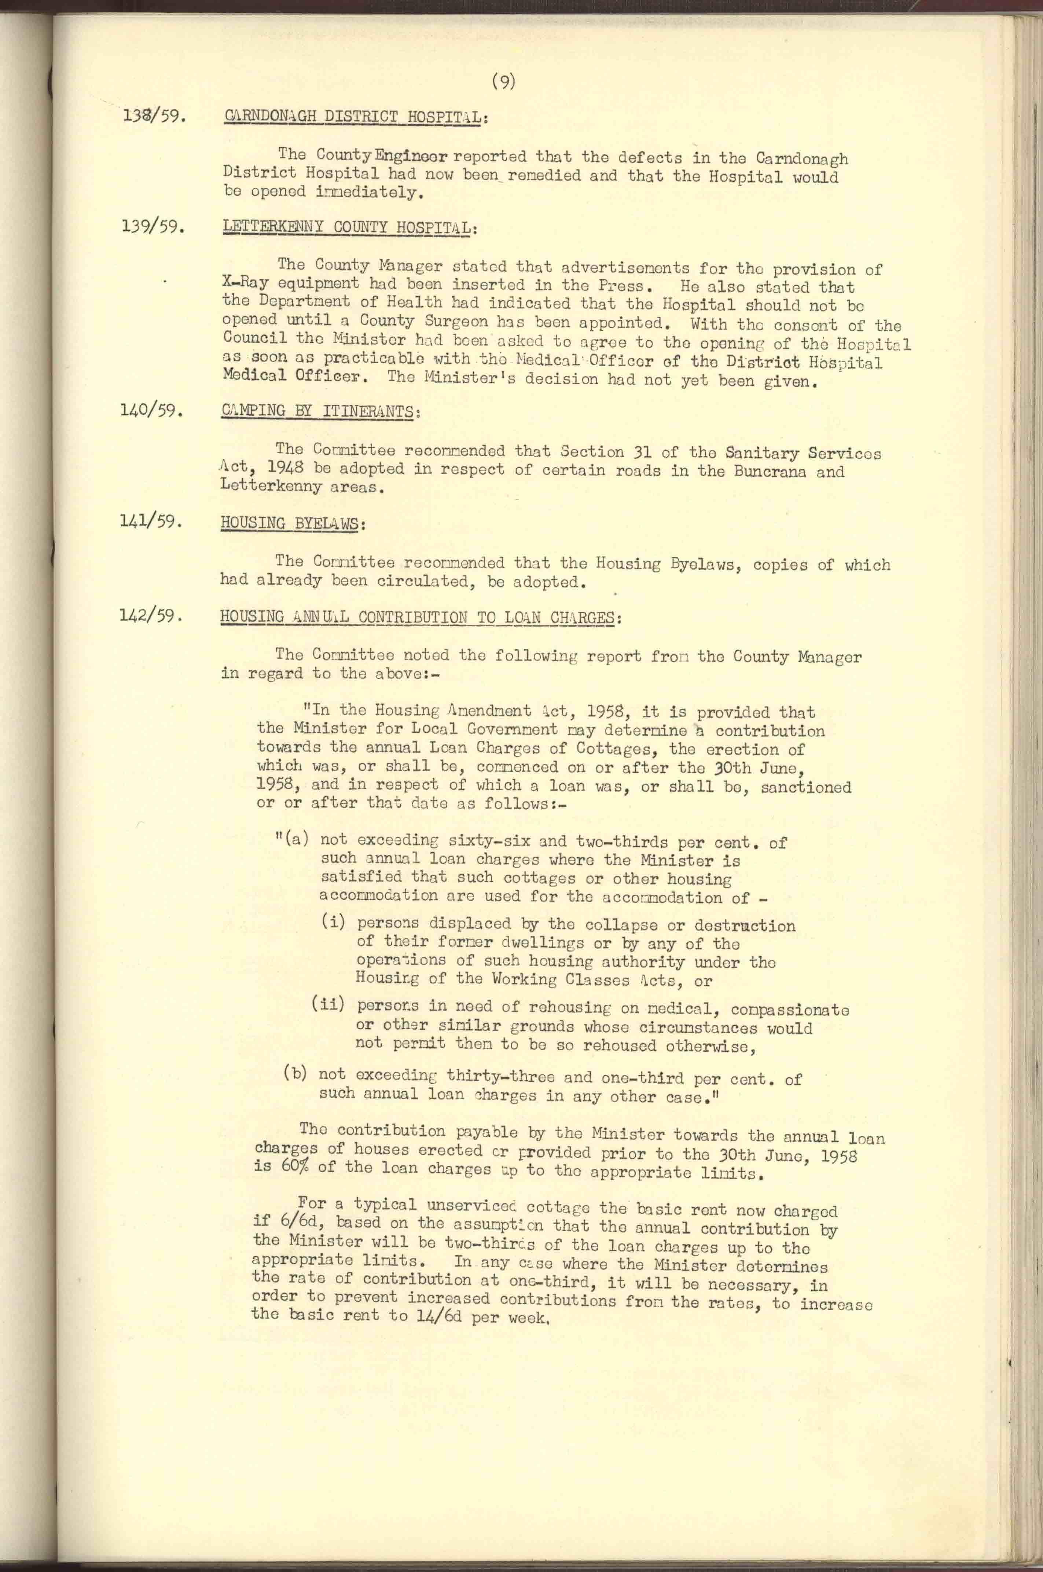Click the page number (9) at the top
click(504, 82)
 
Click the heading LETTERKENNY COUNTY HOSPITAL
click(346, 226)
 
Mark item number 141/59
click(150, 521)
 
